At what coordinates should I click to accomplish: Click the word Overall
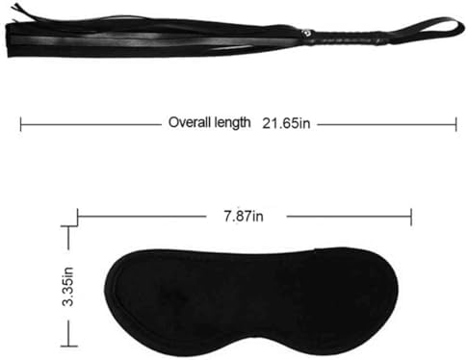coord(190,122)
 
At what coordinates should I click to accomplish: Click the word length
coord(232,123)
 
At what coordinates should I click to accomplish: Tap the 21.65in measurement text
coord(286,123)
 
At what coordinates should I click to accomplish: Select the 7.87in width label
coord(244,217)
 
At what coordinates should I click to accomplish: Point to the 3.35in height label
coord(68,286)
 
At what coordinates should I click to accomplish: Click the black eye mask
coord(251,301)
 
